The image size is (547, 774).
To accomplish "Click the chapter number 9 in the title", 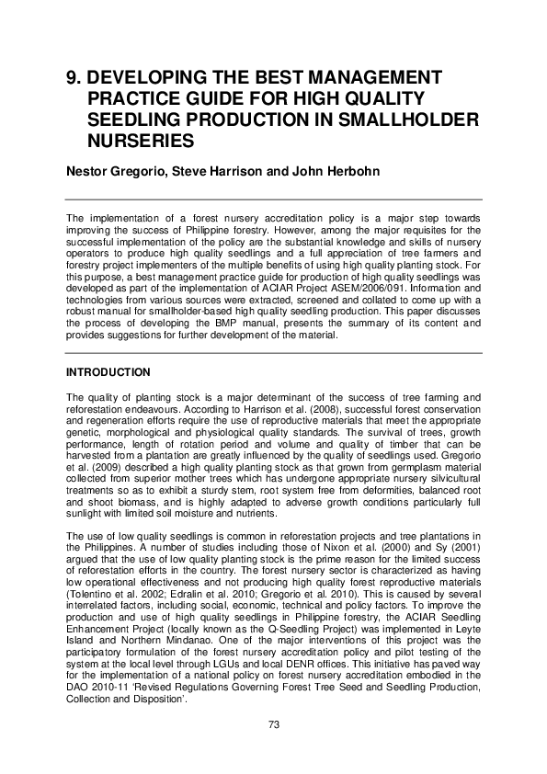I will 71,78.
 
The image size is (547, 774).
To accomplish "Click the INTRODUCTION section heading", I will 108,373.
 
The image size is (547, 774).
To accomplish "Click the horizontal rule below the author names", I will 273,199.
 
